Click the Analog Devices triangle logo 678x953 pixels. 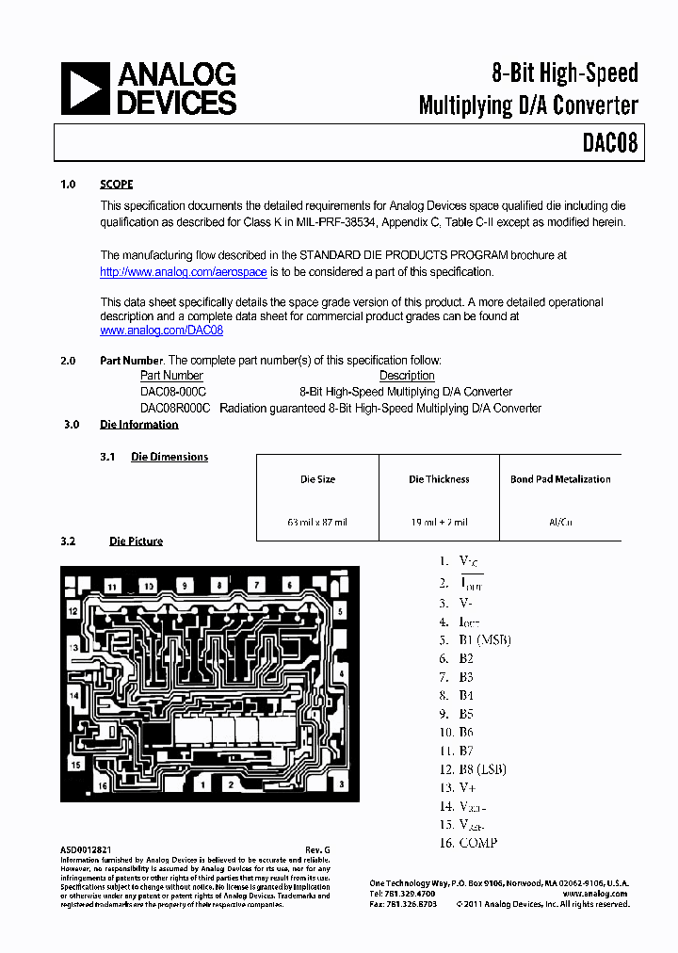coord(84,89)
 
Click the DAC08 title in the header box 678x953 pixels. coord(609,143)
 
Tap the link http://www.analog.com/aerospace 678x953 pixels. coord(184,272)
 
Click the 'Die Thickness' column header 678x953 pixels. coord(439,479)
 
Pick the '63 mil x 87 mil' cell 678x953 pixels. coord(317,522)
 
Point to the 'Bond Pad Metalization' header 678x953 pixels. coord(560,479)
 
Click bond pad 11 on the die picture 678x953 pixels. coord(112,587)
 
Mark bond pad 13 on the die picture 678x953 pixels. coord(73,648)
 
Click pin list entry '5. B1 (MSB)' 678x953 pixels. coord(474,640)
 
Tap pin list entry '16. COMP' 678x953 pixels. coord(467,843)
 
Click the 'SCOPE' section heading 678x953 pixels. coord(117,185)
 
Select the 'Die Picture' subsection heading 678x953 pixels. coord(136,541)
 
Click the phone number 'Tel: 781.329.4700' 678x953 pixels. coord(402,893)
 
